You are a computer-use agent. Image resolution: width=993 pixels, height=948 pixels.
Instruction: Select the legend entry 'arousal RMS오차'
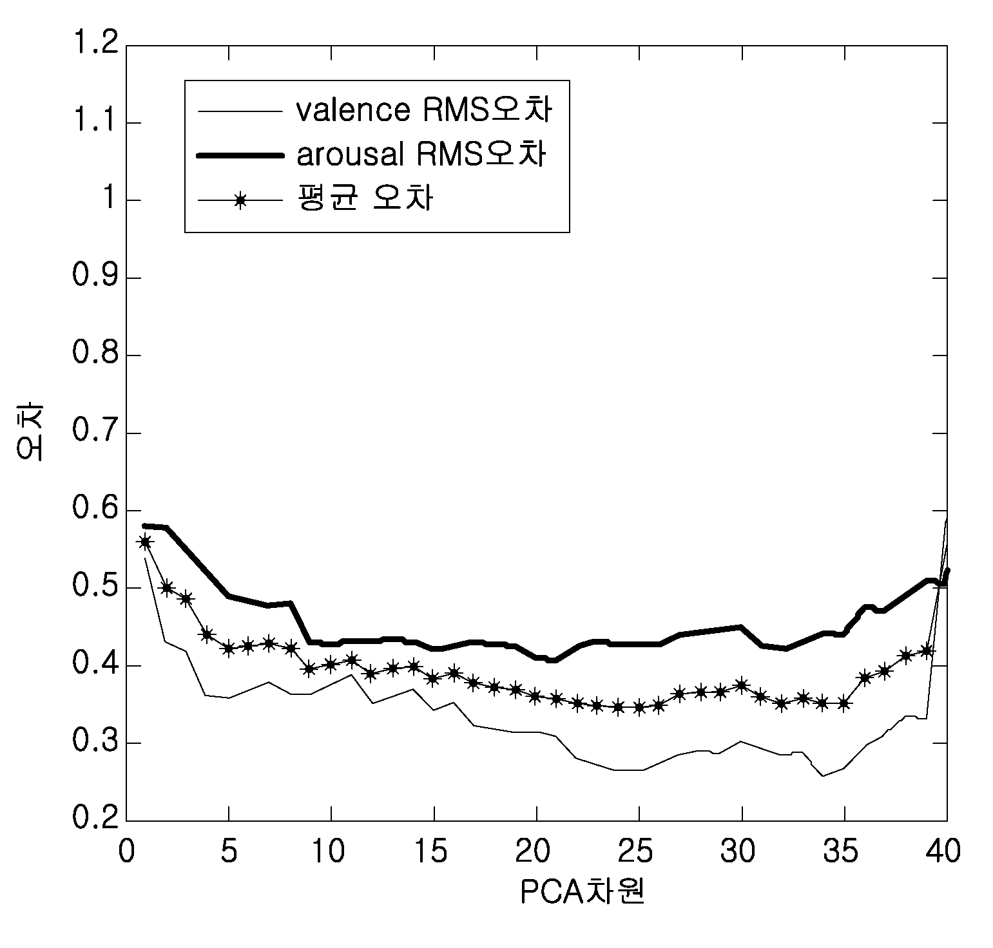tap(422, 155)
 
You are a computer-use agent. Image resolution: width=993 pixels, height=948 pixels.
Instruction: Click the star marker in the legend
tap(240, 201)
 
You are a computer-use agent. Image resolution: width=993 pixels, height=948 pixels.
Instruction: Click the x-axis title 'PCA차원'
tap(583, 892)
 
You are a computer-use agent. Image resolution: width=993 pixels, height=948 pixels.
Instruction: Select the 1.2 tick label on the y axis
tap(95, 46)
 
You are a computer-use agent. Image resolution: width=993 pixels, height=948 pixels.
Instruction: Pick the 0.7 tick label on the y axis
tap(95, 433)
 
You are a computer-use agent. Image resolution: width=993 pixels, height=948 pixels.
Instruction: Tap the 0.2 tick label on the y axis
tap(95, 820)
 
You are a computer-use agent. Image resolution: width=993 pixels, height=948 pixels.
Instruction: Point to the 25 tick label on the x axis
tap(639, 852)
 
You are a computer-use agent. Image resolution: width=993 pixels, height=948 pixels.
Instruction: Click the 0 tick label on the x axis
tap(126, 852)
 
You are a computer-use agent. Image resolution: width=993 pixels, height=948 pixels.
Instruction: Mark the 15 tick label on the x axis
tap(434, 852)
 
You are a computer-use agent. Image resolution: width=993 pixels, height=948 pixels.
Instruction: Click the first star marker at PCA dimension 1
tap(146, 542)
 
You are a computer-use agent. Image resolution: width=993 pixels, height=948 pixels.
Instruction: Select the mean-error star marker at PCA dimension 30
tap(742, 685)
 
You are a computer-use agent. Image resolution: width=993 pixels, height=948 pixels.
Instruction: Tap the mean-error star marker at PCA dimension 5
tap(228, 649)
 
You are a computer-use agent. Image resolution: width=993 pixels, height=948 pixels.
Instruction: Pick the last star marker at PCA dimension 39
tap(926, 650)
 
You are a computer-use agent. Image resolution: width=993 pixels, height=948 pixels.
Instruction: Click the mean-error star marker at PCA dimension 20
tap(536, 696)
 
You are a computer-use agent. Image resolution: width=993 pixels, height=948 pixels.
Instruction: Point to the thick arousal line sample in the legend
tap(241, 155)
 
